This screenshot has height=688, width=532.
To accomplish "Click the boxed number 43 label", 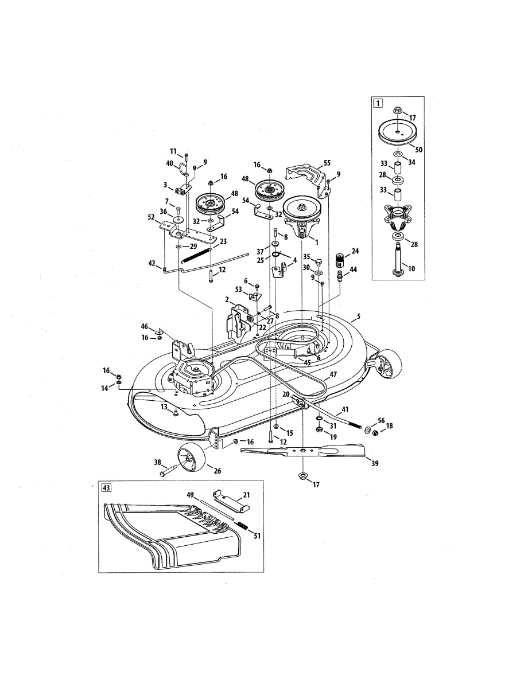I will [106, 488].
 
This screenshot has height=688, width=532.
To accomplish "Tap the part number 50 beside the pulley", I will [418, 148].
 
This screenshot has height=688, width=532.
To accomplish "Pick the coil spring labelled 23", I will [198, 255].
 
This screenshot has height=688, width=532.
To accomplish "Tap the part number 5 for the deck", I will [359, 315].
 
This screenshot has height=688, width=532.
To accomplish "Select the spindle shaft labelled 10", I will [396, 261].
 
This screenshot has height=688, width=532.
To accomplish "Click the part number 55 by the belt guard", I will [327, 163].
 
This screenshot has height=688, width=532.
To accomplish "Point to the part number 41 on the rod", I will [345, 410].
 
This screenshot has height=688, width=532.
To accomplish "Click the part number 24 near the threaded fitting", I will [355, 251].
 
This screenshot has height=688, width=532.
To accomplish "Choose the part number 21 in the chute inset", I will [246, 494].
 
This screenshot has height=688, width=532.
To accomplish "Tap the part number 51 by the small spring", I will [257, 536].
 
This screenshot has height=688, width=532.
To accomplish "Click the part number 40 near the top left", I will [170, 163].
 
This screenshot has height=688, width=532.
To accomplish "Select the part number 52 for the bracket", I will [151, 217].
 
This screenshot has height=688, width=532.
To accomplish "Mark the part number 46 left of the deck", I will [145, 326].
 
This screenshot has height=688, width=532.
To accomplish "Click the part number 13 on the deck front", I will [164, 406].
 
